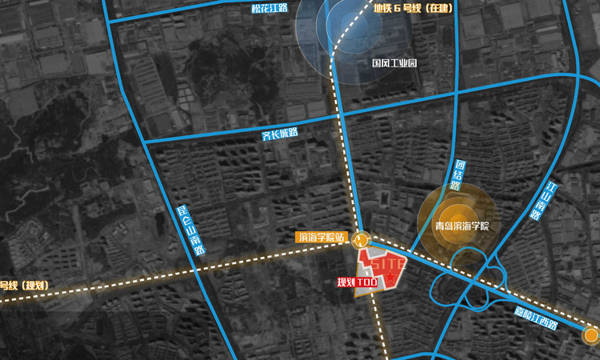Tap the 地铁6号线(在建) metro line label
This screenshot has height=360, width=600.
coord(413,9)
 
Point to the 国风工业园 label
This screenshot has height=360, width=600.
coord(394,62)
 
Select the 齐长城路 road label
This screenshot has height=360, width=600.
coord(280,134)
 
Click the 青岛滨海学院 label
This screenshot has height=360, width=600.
coord(461,226)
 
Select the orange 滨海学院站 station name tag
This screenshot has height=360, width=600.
coord(321,238)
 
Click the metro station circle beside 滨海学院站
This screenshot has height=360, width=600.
coord(362,238)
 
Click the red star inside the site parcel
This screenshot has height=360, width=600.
coord(390,276)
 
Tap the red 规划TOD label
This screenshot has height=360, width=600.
coord(356,282)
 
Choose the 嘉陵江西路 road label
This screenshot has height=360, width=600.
coord(535,318)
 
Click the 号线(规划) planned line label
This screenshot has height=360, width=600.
coord(24,286)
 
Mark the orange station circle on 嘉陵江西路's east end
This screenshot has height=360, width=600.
coord(590,335)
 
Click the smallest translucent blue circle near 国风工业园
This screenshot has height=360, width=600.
coord(346,24)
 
